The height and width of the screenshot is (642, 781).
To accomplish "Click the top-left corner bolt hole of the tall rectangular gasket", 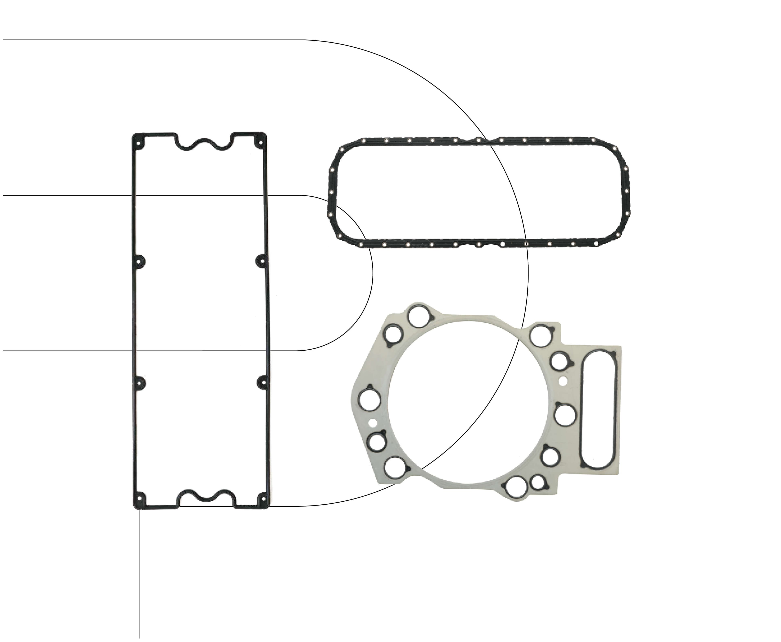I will (x=139, y=143).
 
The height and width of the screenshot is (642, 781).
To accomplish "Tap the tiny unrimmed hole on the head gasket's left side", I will (x=373, y=422).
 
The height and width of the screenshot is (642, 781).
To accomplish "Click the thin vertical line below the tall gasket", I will (x=140, y=573).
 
